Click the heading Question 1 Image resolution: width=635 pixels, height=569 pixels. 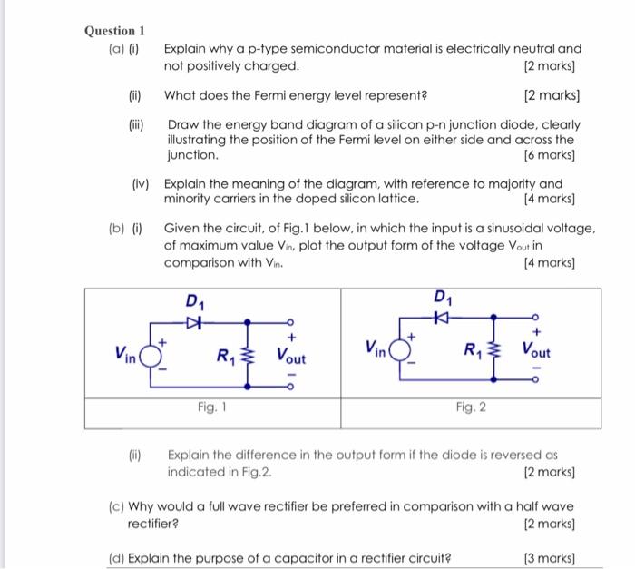pos(114,30)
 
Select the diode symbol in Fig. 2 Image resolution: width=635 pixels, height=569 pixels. pos(441,318)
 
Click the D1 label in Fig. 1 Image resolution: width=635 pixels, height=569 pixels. pos(194,301)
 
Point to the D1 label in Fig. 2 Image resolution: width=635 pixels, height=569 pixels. pos(442,298)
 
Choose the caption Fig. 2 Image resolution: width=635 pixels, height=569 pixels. pos(470,407)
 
